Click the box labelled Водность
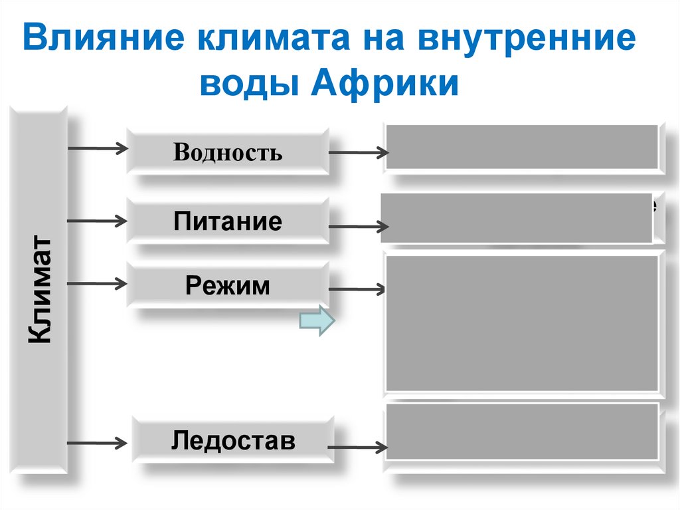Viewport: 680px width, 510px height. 227,152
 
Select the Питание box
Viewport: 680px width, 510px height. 227,221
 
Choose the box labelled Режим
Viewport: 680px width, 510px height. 227,285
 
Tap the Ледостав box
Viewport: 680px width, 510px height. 232,440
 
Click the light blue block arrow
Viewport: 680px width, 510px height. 317,321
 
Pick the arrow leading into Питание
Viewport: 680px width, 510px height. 98,219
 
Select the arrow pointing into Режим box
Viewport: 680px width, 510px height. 98,284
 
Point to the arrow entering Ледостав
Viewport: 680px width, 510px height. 98,442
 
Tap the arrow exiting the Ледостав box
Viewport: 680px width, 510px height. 359,447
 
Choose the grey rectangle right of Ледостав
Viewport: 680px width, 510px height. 522,432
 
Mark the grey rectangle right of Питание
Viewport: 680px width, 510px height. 517,218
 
